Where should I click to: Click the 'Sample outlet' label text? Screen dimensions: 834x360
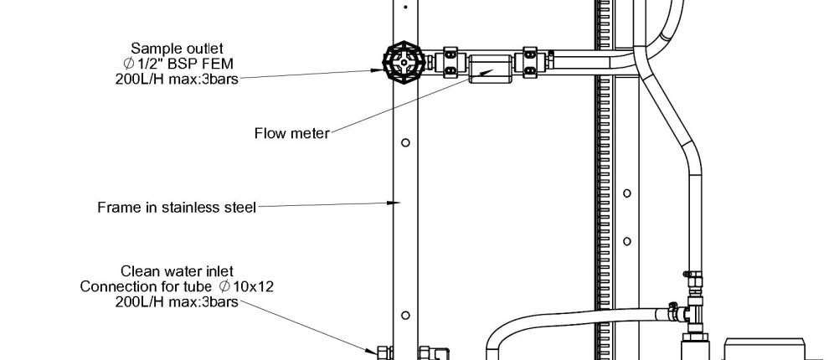178,49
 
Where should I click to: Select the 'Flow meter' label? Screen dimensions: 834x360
292,133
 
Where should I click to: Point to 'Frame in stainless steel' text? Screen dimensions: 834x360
177,207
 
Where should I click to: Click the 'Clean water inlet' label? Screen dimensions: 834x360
178,271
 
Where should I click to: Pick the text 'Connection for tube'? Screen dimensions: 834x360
147,286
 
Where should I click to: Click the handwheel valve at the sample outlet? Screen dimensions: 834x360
404,62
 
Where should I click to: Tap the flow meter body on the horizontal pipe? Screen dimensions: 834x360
491,68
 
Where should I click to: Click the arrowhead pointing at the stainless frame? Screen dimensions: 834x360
393,203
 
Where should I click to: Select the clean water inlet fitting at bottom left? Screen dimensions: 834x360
384,352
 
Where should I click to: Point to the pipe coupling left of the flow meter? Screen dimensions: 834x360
450,62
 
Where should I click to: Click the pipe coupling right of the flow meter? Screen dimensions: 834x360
530,62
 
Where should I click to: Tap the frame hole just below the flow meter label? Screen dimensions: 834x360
405,142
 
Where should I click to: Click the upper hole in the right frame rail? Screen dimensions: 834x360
627,193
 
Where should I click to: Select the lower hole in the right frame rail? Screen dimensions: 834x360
627,241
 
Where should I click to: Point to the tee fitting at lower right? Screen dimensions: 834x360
695,314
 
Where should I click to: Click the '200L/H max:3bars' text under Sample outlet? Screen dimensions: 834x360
177,80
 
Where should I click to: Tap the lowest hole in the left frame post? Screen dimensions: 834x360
405,316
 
